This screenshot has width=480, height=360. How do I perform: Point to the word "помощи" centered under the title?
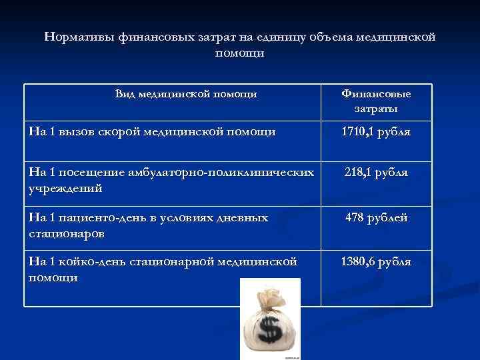(x=240, y=53)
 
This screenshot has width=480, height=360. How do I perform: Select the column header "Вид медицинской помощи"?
(x=186, y=94)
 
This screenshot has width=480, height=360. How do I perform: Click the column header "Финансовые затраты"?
(x=376, y=101)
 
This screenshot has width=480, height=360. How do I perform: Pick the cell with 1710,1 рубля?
(x=376, y=132)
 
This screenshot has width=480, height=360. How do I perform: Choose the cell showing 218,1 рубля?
(x=376, y=173)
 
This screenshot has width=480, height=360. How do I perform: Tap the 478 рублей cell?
(x=376, y=218)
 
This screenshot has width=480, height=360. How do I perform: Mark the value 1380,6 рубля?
(x=376, y=262)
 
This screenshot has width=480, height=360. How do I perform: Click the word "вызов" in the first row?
(x=77, y=132)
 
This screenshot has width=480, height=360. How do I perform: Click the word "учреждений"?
(x=65, y=188)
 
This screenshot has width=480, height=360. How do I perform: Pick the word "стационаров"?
(x=67, y=234)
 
